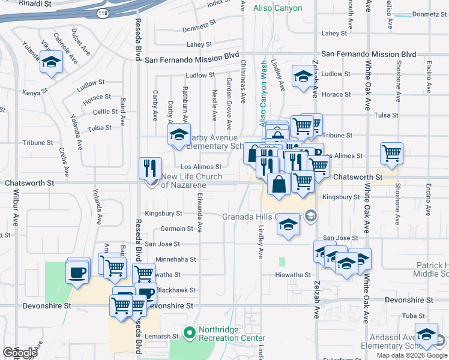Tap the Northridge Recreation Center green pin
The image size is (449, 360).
(190, 332)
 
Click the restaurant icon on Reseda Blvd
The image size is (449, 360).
(150, 167)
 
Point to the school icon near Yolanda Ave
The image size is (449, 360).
(52, 63)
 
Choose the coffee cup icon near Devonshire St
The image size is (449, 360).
(77, 272)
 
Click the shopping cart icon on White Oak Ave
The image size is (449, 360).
(391, 153)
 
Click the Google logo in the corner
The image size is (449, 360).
(20, 352)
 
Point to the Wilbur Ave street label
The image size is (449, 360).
(16, 209)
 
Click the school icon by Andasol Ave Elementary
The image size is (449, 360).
(427, 334)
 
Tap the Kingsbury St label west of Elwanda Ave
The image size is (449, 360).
(163, 213)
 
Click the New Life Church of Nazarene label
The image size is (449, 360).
(192, 181)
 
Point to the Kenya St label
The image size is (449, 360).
(35, 93)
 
